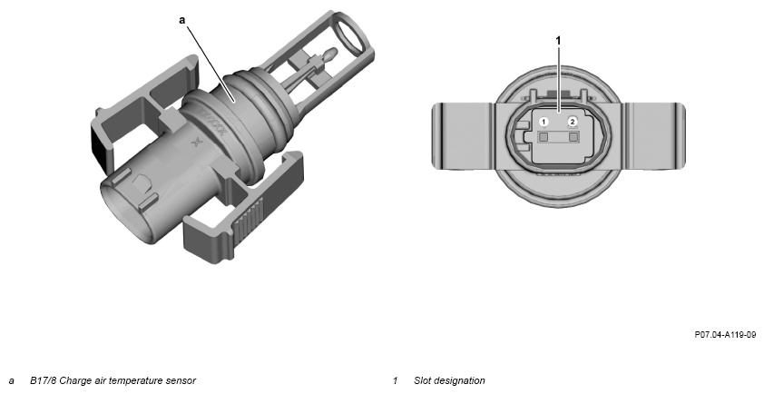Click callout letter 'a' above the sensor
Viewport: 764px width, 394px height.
click(182, 20)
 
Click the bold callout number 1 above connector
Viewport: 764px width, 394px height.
click(558, 41)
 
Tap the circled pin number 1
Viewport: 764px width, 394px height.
click(544, 122)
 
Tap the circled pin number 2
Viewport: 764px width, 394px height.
click(573, 122)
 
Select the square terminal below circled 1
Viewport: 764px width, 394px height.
click(544, 137)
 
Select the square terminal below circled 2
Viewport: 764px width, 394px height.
click(573, 137)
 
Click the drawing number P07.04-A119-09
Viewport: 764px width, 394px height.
click(725, 334)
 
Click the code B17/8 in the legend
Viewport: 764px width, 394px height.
click(43, 380)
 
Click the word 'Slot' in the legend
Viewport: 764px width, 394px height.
click(423, 380)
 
